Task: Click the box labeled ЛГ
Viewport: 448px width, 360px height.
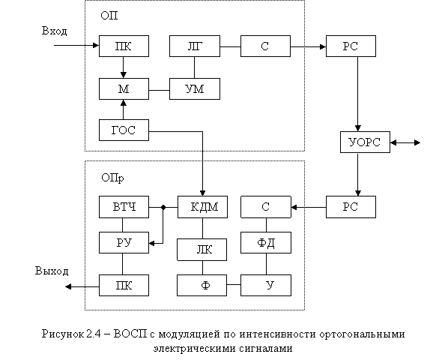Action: [195, 46]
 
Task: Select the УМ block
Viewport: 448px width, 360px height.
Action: [195, 89]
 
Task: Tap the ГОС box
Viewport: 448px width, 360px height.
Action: [124, 130]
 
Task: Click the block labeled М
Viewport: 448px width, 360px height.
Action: [124, 89]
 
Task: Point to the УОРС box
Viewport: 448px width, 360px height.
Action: [365, 142]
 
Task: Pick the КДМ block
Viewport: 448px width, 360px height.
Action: [202, 207]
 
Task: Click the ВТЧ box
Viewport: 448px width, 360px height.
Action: [124, 207]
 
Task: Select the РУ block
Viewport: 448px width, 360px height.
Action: [124, 242]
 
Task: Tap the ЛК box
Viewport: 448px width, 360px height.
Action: [202, 250]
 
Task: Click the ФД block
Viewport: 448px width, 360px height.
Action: [266, 242]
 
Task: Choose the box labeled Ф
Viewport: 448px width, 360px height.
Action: [202, 285]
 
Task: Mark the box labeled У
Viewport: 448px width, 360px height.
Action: [266, 285]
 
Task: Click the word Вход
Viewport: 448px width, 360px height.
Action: [54, 31]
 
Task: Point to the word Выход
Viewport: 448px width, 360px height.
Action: [52, 271]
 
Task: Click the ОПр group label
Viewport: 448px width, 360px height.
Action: [112, 178]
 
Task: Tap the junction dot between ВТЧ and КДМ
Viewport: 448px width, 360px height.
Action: [163, 207]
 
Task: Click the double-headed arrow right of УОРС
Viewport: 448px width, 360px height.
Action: [405, 142]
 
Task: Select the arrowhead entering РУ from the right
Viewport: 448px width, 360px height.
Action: [152, 243]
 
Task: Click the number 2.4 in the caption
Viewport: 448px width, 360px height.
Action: [93, 334]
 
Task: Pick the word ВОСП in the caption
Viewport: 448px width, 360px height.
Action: [130, 334]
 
